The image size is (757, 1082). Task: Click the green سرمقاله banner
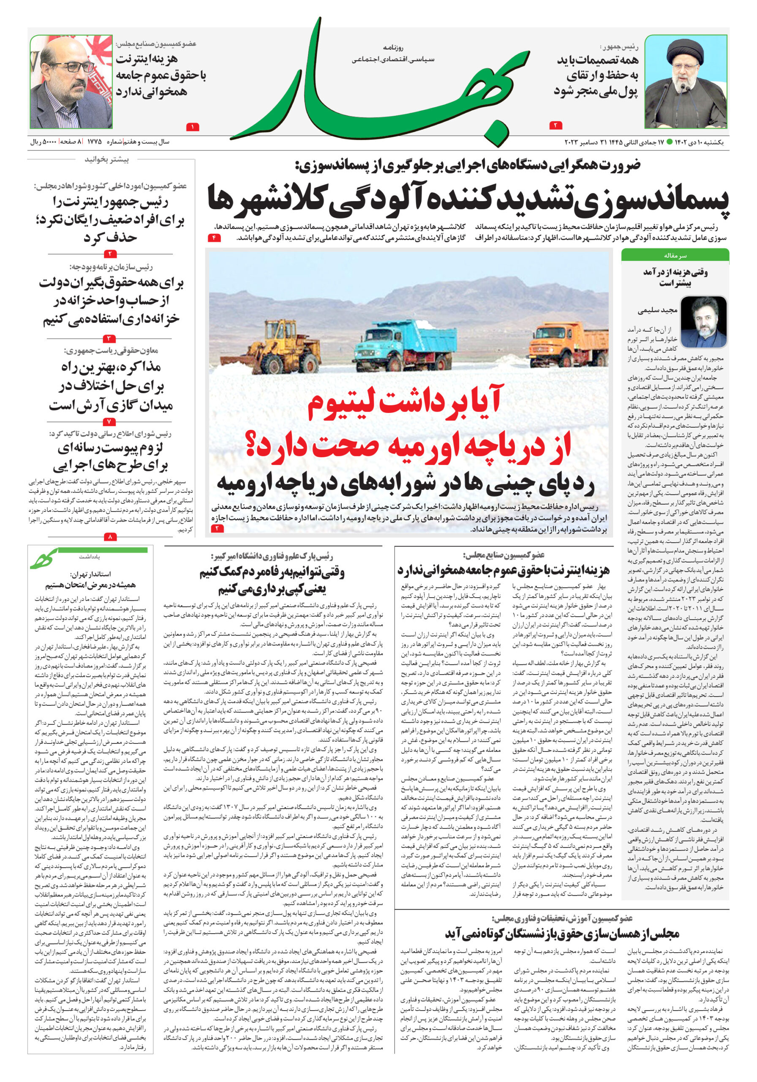[675, 255]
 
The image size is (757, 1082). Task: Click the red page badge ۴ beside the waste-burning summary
[214, 238]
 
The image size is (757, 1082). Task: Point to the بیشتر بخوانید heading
[106, 160]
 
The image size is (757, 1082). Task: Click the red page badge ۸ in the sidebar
[110, 536]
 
